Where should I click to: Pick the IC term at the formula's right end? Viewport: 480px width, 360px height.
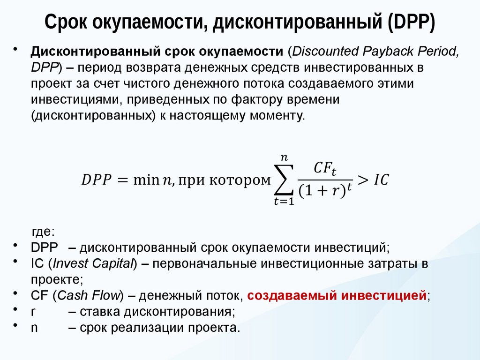point(381,180)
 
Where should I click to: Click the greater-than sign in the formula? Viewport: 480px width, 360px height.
point(362,179)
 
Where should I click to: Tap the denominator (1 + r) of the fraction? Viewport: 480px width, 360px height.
point(322,191)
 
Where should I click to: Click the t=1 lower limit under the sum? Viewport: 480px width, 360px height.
point(284,202)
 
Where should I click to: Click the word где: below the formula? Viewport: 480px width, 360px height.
point(43,232)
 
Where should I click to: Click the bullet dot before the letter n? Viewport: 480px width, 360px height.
point(16,325)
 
